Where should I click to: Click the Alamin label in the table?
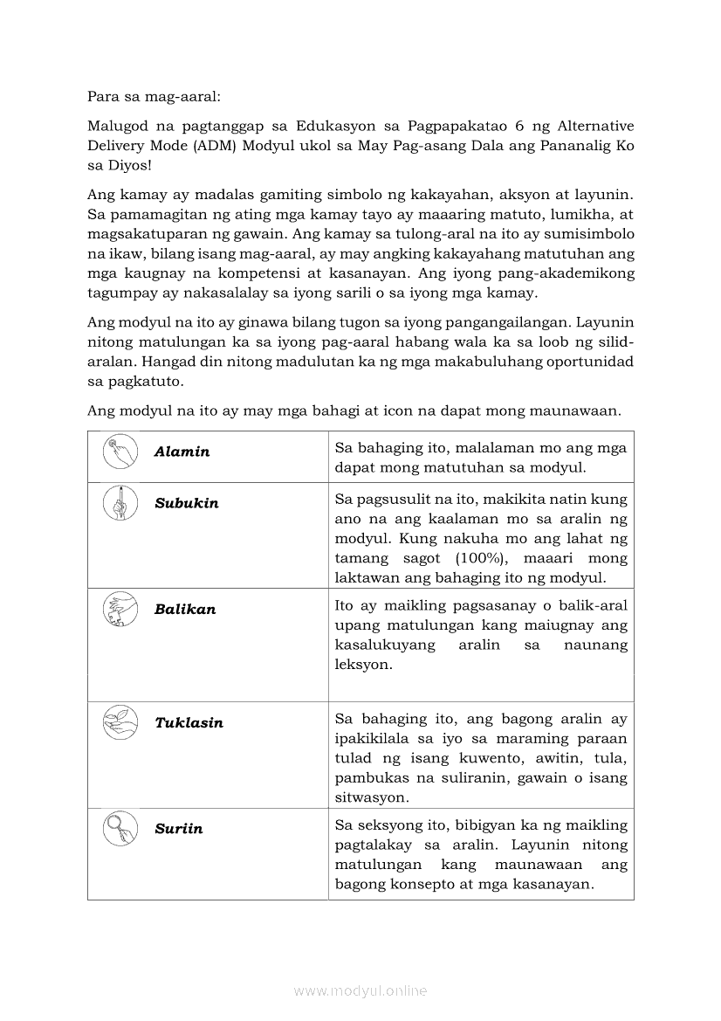point(182,452)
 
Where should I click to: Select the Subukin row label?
point(187,503)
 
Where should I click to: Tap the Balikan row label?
point(185,610)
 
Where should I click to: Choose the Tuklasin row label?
point(189,723)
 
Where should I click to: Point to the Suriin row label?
point(178,829)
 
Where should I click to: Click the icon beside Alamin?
point(120,452)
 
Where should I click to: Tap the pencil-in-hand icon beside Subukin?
point(120,503)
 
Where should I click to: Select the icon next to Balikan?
point(120,609)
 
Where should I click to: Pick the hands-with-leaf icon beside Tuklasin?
point(120,722)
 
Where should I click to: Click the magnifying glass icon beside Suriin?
point(120,828)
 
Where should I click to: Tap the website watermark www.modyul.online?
point(360,990)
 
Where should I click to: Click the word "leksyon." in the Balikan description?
point(364,665)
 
